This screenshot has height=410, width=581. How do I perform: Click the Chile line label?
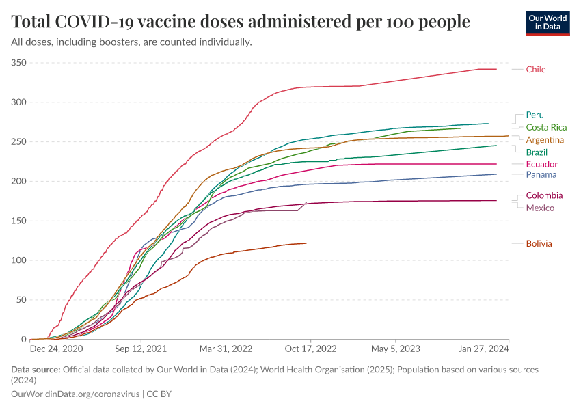(536, 69)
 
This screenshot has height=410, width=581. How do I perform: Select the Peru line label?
(535, 115)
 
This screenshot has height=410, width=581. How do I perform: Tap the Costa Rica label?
(546, 127)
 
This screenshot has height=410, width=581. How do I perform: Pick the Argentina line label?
(545, 139)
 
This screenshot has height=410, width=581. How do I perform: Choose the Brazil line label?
(537, 152)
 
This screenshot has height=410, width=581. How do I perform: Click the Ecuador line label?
(542, 164)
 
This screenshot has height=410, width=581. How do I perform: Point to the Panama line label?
(541, 174)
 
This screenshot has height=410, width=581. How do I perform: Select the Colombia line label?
(543, 195)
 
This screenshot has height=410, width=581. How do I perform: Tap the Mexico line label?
(540, 208)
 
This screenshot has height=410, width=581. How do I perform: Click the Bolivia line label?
(539, 243)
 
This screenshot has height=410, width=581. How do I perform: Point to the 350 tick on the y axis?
(18, 63)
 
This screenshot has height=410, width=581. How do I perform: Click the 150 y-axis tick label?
(18, 221)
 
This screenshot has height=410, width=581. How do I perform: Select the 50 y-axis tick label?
(21, 300)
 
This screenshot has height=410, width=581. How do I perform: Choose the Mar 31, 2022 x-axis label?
(226, 348)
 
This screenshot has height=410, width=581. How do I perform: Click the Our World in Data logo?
(547, 22)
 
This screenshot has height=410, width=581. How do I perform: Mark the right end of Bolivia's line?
(306, 243)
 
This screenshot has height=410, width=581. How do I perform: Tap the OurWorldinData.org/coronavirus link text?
(75, 394)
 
